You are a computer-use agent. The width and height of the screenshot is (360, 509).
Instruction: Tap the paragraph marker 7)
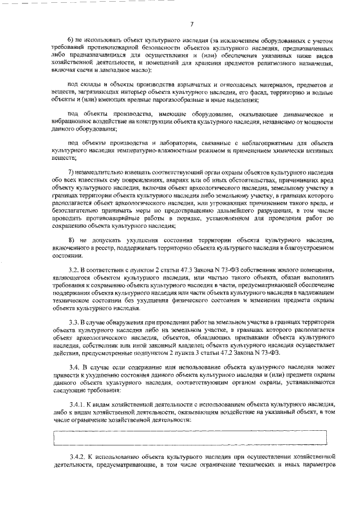[x=70, y=170]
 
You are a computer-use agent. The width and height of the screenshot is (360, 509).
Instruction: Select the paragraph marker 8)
[x=71, y=241]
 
